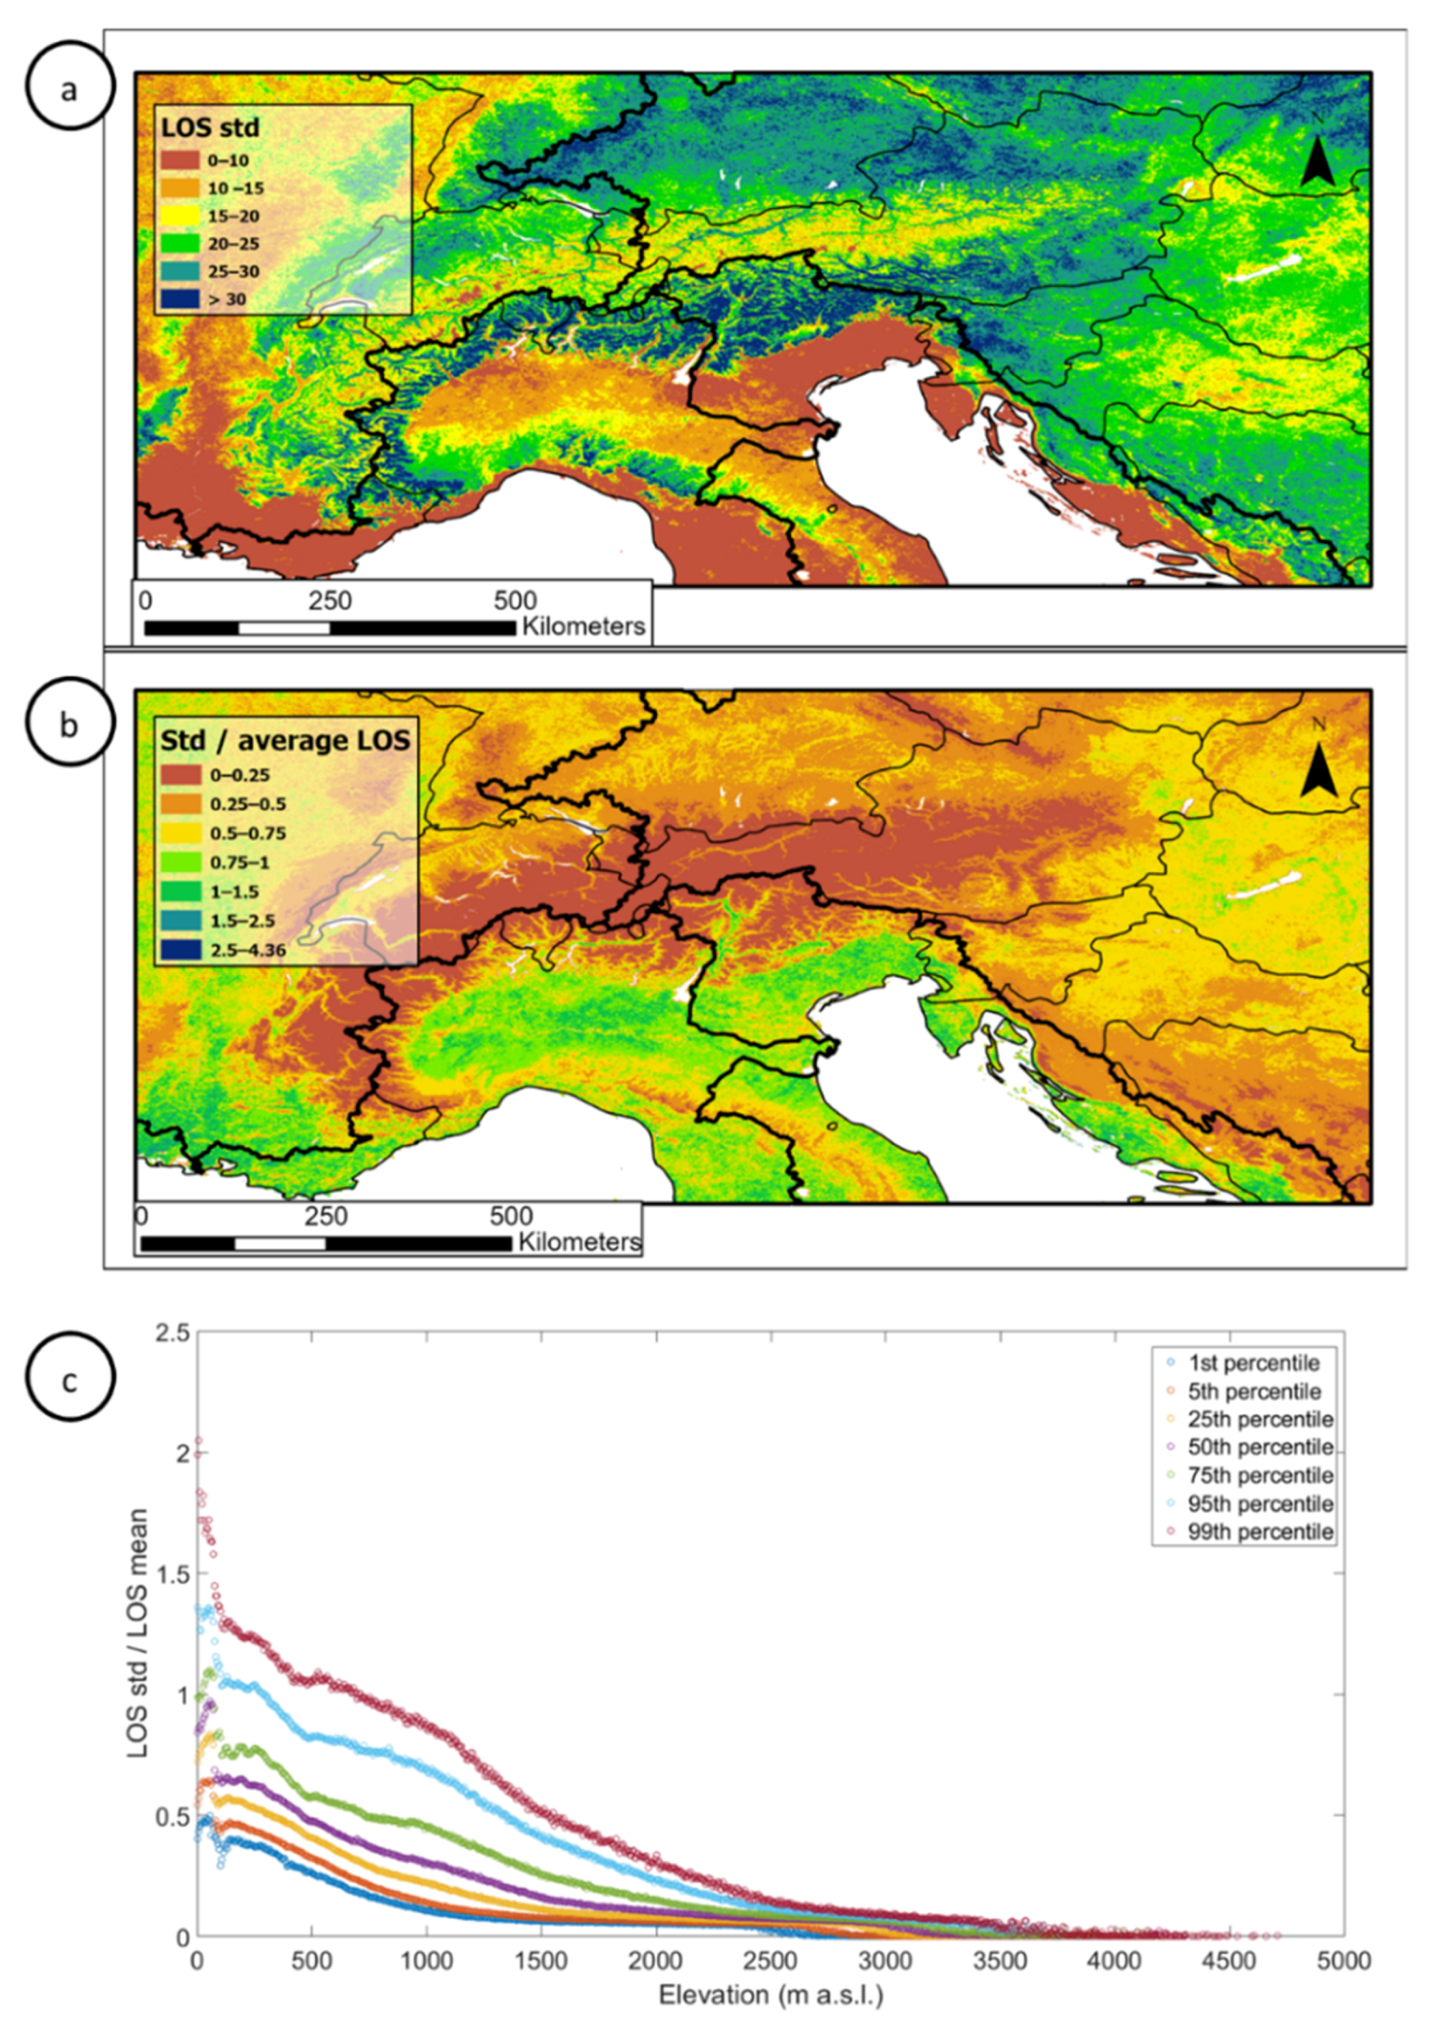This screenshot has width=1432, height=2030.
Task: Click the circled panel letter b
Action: point(70,724)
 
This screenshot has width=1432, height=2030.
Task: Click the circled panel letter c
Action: point(70,1381)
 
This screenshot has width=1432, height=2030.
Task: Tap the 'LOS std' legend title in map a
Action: point(210,128)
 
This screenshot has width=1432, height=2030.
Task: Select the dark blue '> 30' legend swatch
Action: point(180,299)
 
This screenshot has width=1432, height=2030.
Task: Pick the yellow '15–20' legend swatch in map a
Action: point(180,216)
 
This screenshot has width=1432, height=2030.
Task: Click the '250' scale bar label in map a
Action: point(329,601)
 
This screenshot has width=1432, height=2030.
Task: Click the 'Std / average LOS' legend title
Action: point(285,740)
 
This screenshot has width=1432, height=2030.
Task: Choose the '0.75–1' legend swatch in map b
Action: point(180,862)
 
